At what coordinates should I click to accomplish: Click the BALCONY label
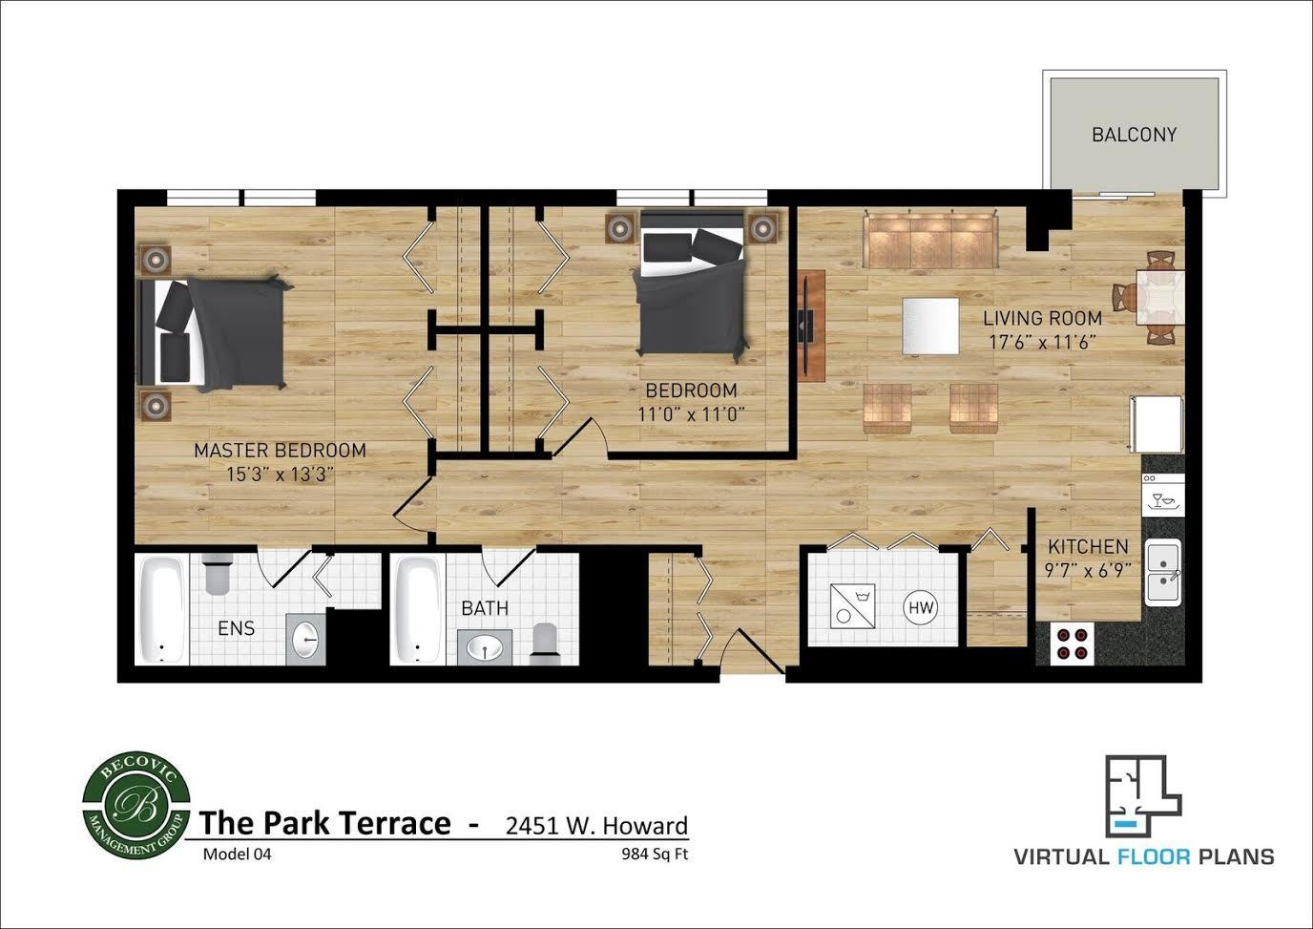coord(1134,135)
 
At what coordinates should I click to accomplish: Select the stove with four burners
coord(1071,643)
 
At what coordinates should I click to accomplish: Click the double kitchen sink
coord(1163,571)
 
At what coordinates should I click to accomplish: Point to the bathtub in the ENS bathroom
coord(160,609)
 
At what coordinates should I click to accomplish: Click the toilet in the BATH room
coord(545,643)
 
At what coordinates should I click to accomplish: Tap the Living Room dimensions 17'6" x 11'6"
coord(1042,342)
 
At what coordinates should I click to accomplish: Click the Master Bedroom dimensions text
coord(280,474)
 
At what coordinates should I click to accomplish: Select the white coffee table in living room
coord(930,326)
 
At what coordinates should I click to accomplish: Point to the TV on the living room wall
coord(806,326)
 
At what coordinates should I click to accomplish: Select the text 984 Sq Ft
coord(654,855)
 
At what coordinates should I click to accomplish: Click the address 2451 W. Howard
coord(596,826)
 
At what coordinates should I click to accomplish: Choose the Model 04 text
coord(237,855)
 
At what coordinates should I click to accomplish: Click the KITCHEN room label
coord(1088,547)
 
